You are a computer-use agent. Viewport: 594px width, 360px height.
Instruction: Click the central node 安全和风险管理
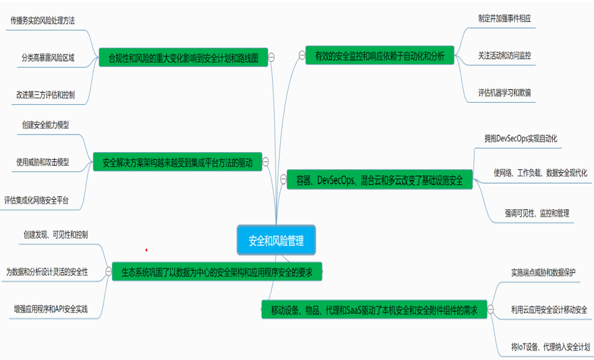(276, 240)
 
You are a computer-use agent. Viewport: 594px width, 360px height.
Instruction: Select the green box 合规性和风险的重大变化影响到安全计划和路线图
(183, 58)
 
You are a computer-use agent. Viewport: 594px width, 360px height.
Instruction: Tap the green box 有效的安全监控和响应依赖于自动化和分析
(380, 55)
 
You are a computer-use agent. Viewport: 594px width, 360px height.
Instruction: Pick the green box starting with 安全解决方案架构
(177, 163)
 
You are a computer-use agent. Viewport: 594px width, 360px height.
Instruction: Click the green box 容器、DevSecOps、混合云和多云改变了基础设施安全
(380, 181)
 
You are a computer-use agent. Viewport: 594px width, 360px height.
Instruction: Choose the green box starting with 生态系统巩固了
(217, 272)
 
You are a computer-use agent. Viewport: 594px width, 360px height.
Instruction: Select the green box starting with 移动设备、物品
(374, 309)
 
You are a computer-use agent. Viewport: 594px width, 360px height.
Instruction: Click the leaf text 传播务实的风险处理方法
(43, 20)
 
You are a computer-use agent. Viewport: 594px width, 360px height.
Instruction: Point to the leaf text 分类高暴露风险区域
(48, 57)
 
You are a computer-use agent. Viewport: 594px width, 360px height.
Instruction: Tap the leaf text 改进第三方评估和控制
(45, 95)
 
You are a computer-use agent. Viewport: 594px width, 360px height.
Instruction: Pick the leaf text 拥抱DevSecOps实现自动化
(521, 138)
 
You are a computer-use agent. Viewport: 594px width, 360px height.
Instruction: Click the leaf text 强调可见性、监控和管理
(537, 212)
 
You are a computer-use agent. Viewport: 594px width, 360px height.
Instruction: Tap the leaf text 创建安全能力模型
(45, 125)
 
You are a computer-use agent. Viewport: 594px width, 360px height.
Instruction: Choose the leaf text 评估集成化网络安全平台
(37, 200)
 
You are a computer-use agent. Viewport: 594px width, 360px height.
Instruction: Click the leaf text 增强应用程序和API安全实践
(50, 308)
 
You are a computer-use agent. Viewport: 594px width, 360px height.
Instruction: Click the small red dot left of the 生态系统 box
(146, 250)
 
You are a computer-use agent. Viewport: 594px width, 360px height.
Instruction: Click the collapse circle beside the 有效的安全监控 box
(302, 55)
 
